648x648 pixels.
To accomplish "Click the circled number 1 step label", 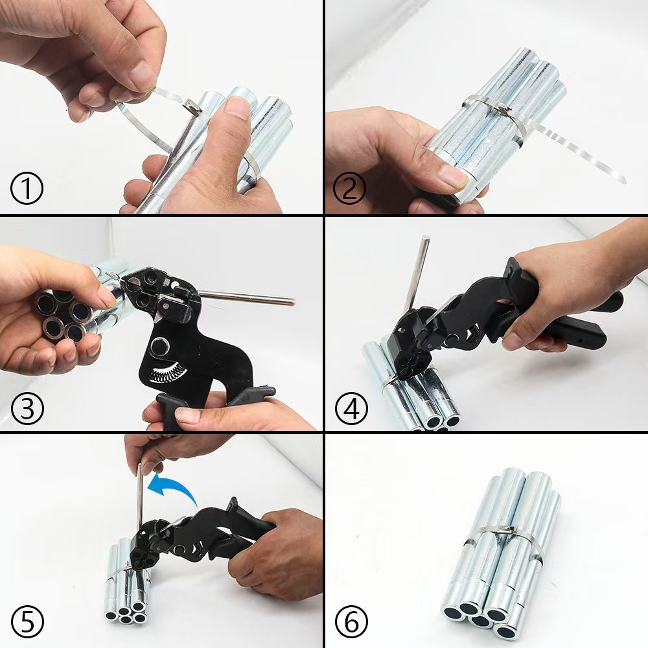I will tap(27, 189).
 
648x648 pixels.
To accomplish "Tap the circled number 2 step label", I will tap(349, 189).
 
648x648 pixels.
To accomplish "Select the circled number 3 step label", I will tap(27, 408).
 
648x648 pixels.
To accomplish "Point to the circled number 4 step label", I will tap(351, 408).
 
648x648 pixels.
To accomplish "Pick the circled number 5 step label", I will tap(27, 623).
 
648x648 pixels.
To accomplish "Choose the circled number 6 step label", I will tap(351, 623).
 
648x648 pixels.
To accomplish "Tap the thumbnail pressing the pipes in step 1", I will tap(237, 108).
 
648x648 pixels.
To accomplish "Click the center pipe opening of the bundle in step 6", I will tap(481, 620).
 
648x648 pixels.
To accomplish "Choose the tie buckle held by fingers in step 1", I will tap(192, 106).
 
